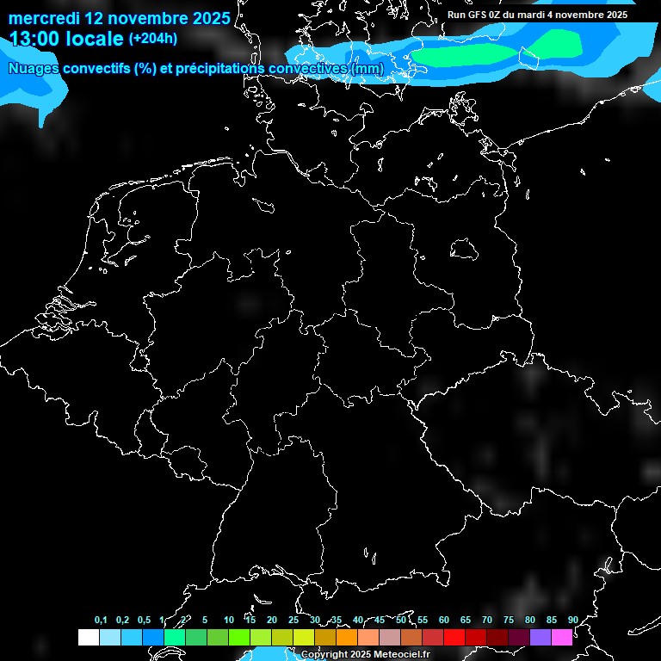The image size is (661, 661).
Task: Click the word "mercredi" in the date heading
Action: pos(43,17)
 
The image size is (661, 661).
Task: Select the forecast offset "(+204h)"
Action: pos(153,39)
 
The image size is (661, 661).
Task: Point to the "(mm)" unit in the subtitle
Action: pos(367,68)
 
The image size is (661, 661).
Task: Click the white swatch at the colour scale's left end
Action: pos(88,637)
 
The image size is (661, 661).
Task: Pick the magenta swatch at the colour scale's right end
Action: pos(562,637)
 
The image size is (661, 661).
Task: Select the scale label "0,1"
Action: pos(101,620)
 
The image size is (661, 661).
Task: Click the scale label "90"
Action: pos(572,620)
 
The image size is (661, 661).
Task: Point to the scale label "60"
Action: pos(443,620)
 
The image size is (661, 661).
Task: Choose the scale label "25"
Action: pos(293,620)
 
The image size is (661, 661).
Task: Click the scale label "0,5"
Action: pos(144,620)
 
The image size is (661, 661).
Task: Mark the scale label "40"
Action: pos(358,620)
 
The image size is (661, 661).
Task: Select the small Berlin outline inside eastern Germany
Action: pos(464,249)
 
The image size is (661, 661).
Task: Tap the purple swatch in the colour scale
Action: pos(541,637)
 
